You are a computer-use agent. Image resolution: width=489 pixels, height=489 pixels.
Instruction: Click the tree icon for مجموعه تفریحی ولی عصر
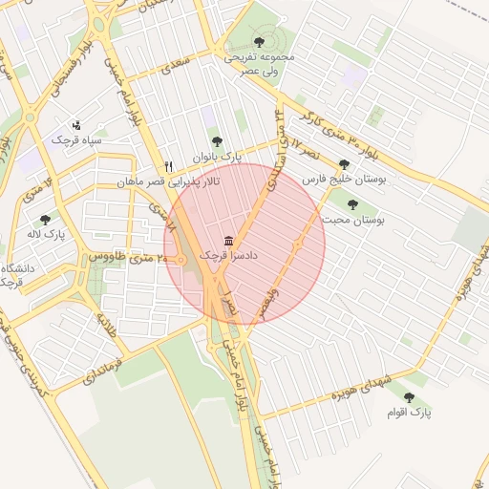[x=259, y=42]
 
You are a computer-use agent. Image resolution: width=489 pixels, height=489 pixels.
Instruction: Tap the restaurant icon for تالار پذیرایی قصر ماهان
[x=169, y=165]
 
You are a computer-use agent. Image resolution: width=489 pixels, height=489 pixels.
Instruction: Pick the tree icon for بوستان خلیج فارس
[x=344, y=163]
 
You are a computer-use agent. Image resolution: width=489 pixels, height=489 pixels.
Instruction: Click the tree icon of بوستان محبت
[x=352, y=203]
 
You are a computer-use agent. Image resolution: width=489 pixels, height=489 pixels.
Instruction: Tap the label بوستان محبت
[x=352, y=220]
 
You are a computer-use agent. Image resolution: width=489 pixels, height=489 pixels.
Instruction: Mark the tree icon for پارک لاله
[x=45, y=220]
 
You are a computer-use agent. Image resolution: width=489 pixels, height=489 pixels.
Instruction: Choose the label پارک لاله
[x=45, y=235]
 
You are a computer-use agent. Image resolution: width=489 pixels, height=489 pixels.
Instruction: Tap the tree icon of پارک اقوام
[x=409, y=397]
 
